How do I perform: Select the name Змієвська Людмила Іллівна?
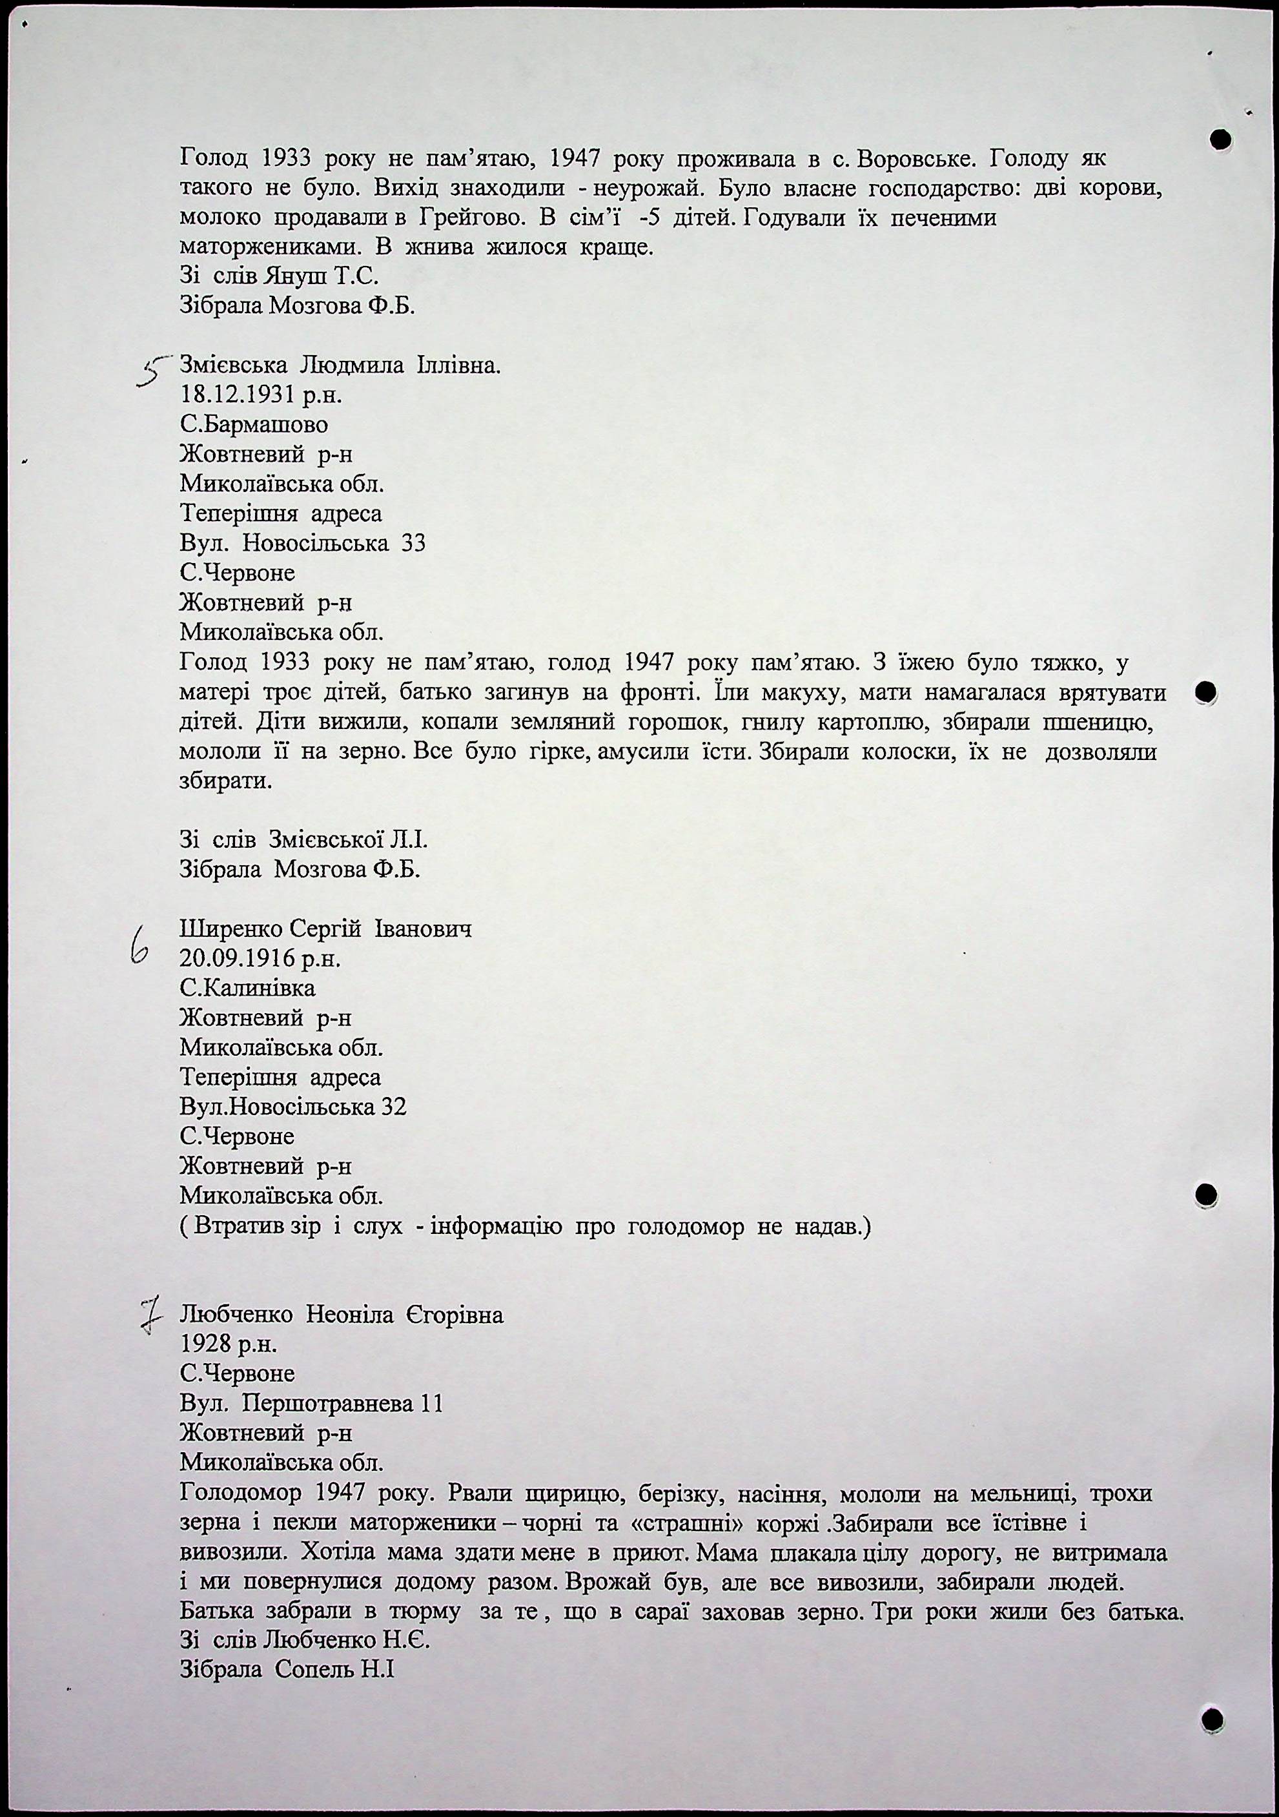(340, 365)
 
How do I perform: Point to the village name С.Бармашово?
(253, 425)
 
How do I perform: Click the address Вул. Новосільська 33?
(302, 544)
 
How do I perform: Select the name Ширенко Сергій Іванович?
(325, 929)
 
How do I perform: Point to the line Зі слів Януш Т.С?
(279, 277)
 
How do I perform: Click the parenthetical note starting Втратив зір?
(526, 1227)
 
